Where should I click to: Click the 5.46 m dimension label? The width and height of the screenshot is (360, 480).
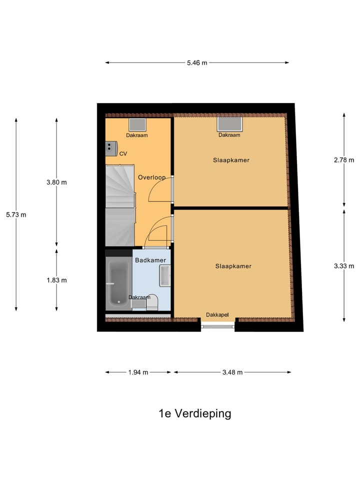pos(196,63)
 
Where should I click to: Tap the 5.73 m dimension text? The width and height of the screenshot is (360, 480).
pos(16,214)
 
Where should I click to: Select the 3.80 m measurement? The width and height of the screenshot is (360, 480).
pos(56,182)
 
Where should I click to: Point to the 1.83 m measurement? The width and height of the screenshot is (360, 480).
pos(56,280)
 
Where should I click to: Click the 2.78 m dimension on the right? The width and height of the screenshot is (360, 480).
pos(343,160)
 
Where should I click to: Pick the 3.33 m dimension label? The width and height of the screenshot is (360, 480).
pos(343,266)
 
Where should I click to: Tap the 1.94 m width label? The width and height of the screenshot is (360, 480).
pos(138,372)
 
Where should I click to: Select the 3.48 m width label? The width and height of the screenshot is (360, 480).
pos(232,372)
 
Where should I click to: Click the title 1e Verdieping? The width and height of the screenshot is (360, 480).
pos(194,413)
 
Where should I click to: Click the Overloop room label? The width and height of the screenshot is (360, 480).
pos(151,177)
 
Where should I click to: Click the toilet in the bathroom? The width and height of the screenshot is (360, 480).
pos(152,302)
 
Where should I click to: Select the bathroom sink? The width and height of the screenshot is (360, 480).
pos(165,276)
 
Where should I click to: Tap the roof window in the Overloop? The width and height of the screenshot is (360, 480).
pos(136,125)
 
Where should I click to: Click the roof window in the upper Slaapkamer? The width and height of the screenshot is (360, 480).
pos(229,124)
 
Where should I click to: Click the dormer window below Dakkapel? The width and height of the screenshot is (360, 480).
pos(218,327)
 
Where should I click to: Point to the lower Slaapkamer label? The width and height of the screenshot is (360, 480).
pos(233,266)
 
